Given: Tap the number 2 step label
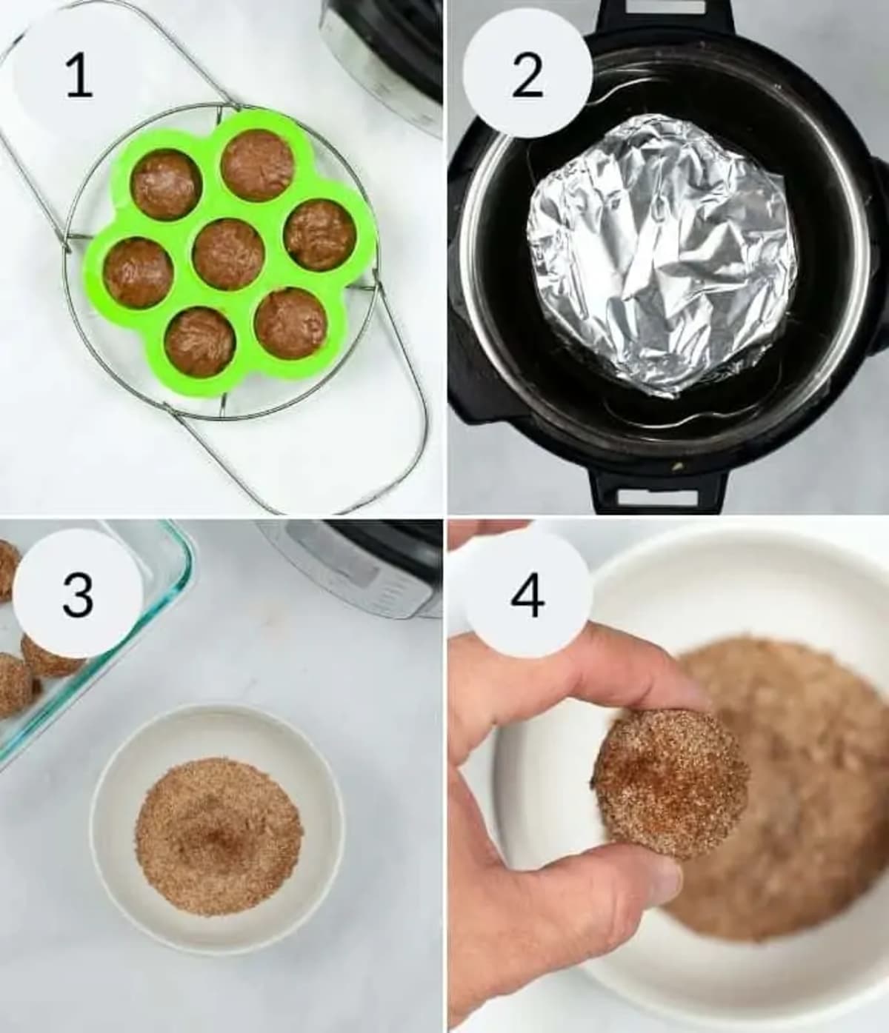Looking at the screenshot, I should click(x=527, y=75).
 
